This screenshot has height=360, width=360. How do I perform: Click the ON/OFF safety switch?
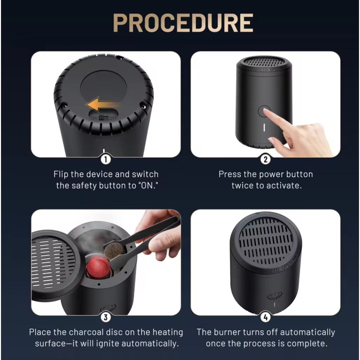tap(104, 118)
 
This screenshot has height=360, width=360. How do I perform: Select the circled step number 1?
tap(106, 159)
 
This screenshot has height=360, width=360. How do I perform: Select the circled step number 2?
tap(265, 159)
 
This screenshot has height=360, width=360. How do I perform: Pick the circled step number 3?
tap(106, 317)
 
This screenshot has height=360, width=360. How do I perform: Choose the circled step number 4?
tap(265, 317)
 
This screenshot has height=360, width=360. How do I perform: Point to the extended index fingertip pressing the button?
tap(265, 111)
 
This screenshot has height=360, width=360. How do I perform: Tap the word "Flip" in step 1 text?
tap(61, 174)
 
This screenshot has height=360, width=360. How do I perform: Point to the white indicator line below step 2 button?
tap(264, 128)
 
